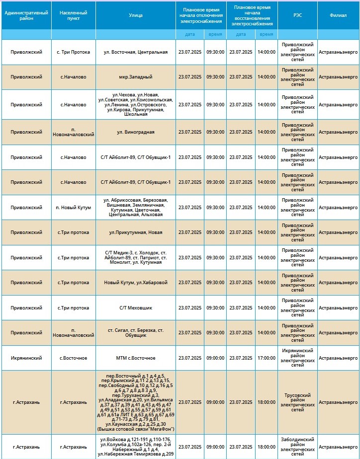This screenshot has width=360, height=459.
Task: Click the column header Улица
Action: (x=135, y=15)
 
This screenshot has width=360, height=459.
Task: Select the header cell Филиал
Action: (x=338, y=15)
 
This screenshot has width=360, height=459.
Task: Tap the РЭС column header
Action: (x=297, y=15)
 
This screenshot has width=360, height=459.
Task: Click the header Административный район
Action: (x=26, y=15)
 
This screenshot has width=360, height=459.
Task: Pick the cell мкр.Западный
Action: (x=135, y=77)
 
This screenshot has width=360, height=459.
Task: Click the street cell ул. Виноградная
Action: (x=135, y=132)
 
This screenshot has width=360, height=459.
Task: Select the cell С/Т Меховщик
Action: (x=135, y=307)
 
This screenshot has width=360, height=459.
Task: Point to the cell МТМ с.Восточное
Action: (x=135, y=358)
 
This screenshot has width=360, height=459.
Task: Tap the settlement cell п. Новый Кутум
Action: (x=73, y=207)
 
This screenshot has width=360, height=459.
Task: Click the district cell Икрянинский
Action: (x=26, y=358)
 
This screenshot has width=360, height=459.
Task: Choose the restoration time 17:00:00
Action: (x=266, y=358)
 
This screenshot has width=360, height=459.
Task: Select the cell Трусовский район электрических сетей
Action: (x=297, y=402)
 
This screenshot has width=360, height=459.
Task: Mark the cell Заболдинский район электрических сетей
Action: (x=297, y=447)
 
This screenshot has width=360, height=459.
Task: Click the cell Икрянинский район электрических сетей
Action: (x=297, y=358)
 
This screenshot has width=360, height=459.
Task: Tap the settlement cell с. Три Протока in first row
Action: (x=73, y=52)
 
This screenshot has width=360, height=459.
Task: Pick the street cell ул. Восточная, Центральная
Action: (x=135, y=52)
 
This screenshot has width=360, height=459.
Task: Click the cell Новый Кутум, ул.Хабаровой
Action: (x=135, y=283)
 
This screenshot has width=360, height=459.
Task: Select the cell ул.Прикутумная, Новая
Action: (x=135, y=232)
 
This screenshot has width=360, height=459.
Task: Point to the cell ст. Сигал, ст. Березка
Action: (x=135, y=333)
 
